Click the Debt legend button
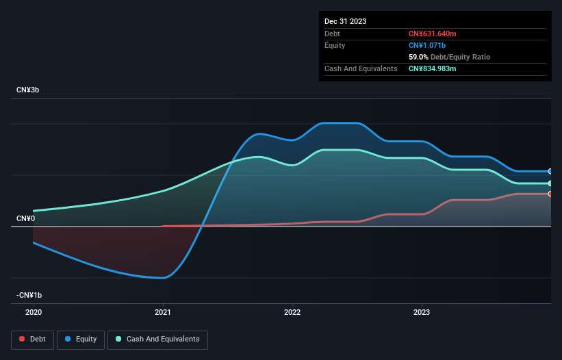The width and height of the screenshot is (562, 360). (x=31, y=339)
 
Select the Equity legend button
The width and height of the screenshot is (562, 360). (x=81, y=339)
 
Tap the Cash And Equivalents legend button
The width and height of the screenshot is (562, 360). (x=157, y=339)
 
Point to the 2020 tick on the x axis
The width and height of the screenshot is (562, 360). (x=33, y=311)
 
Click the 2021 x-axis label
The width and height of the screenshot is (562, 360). (x=163, y=311)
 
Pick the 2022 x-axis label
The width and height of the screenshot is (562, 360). (x=292, y=311)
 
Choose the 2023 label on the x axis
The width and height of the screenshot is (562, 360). (x=422, y=311)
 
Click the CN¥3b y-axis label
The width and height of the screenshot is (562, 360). (x=27, y=90)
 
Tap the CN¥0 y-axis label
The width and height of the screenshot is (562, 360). (x=25, y=218)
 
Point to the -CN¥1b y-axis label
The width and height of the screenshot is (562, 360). (x=29, y=295)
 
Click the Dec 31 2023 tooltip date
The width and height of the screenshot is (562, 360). (x=345, y=21)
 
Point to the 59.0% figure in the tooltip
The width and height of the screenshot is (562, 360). (x=418, y=57)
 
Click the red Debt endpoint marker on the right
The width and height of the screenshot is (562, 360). (x=550, y=194)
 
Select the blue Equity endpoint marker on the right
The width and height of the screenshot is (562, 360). (x=550, y=171)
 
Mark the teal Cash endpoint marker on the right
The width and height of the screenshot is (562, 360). (x=550, y=183)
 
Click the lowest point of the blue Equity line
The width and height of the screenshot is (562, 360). (x=163, y=278)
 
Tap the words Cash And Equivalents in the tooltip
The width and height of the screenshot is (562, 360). (x=361, y=68)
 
